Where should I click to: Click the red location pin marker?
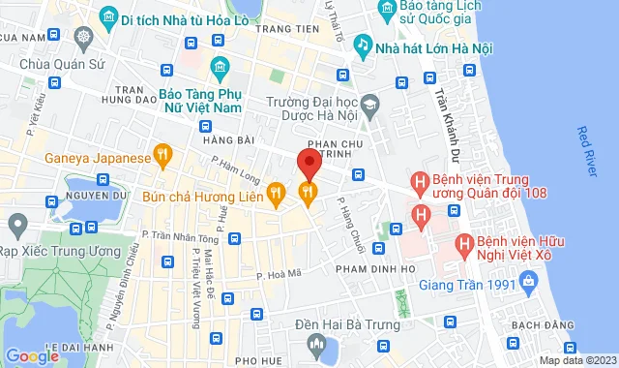coord(308,162)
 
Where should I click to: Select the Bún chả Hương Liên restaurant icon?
coord(277,193)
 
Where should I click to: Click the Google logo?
coord(32,354)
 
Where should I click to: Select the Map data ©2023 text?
coord(576,360)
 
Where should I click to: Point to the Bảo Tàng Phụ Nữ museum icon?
coord(220,67)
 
